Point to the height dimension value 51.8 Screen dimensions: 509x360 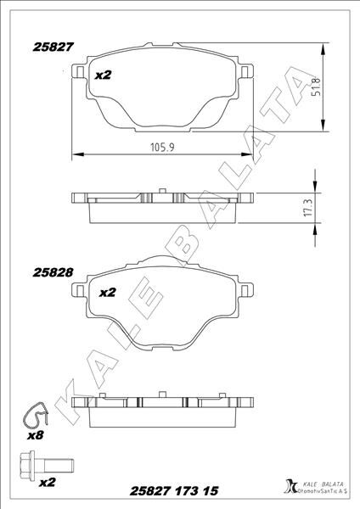tap(315, 87)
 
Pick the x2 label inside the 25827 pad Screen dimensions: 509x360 tap(104, 76)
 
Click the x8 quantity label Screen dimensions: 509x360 tap(35, 434)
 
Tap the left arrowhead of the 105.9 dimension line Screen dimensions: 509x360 tap(76, 154)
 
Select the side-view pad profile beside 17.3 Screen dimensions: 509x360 tap(163, 204)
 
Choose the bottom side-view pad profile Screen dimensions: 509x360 tap(163, 407)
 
